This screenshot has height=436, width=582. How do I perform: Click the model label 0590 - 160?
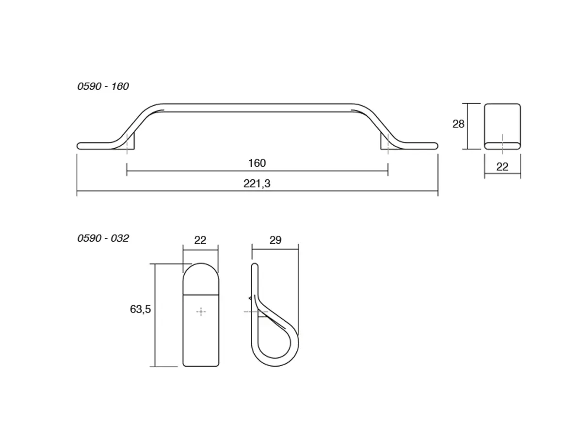[103, 87]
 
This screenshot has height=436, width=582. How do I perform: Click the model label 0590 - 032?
[103, 238]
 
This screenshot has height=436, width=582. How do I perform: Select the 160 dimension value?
[257, 163]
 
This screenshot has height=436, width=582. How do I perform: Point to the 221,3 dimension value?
[257, 184]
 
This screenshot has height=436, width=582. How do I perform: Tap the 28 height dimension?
[458, 124]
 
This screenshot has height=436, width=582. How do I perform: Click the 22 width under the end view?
[502, 167]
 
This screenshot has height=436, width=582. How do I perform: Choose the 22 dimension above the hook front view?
[200, 240]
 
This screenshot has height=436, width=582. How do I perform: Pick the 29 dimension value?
[275, 240]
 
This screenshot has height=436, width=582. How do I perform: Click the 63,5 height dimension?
[140, 309]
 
